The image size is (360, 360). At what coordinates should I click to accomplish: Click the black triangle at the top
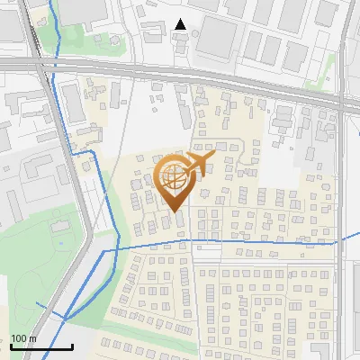click(181, 24)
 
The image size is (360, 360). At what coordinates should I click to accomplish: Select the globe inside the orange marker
click(174, 178)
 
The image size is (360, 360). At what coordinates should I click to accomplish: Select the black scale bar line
click(41, 346)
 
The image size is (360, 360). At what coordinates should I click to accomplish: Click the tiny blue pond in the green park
click(59, 243)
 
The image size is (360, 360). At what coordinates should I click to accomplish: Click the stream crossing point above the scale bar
click(64, 317)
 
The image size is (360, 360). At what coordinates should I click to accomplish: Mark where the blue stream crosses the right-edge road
click(339, 241)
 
